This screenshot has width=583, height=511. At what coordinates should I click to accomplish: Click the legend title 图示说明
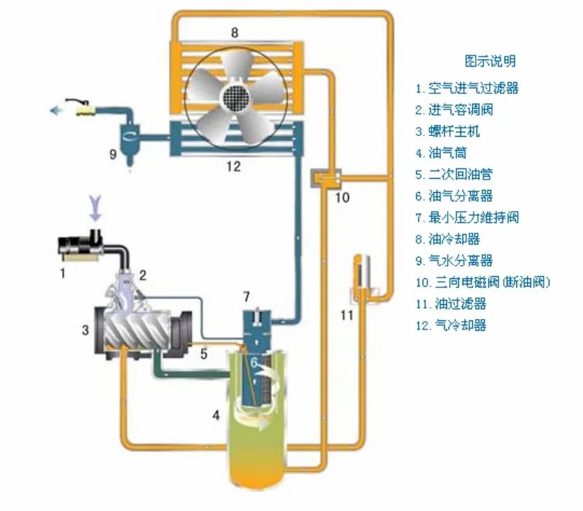point(490,61)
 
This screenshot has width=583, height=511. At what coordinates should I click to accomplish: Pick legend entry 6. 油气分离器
point(458,196)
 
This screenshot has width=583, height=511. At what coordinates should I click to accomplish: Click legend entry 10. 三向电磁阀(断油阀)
point(483,282)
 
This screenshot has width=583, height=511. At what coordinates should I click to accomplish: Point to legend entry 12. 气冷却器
point(451,325)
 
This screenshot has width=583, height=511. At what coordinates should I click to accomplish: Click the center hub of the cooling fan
point(235,97)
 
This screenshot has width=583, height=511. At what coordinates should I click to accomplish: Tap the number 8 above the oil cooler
point(235,32)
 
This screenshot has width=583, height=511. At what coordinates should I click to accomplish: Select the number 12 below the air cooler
point(233,167)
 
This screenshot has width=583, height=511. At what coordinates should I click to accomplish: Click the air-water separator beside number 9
point(130,137)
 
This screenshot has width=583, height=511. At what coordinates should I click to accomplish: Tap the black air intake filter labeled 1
point(81,246)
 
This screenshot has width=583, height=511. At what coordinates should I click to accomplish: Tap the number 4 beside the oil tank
point(217,416)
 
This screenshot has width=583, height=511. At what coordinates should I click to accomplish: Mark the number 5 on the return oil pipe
point(204,354)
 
